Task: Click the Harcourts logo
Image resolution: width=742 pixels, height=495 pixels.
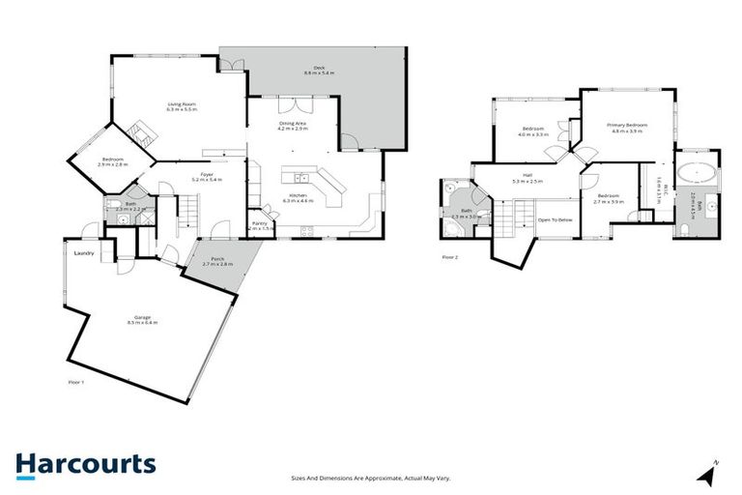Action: (x=85, y=464)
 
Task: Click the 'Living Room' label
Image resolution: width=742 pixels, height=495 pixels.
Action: (x=182, y=103)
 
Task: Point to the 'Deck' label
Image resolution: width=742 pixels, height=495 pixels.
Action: (x=319, y=68)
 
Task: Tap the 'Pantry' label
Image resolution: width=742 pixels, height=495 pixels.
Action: (x=259, y=224)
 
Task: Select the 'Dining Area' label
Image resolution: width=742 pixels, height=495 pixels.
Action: (x=293, y=123)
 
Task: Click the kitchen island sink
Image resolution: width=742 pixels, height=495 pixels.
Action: (x=301, y=178)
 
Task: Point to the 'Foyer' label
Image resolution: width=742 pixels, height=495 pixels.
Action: (x=208, y=175)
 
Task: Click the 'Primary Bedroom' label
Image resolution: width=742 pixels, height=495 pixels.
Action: (x=626, y=125)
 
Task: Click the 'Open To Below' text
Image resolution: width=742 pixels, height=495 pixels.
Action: (x=556, y=219)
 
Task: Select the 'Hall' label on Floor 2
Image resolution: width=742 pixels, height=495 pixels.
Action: (x=528, y=175)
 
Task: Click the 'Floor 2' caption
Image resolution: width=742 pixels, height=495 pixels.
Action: (x=449, y=257)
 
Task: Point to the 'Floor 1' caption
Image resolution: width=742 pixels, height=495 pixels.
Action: (x=76, y=383)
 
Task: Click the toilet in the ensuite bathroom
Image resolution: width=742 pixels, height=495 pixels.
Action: (x=684, y=227)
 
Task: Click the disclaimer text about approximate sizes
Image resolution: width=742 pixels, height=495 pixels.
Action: (x=371, y=478)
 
